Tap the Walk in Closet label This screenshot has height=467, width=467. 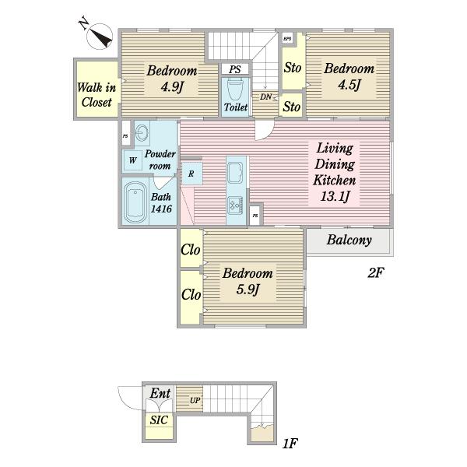pyautogui.click(x=97, y=95)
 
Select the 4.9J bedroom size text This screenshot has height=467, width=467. pyautogui.click(x=172, y=87)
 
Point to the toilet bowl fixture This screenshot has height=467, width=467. pyautogui.click(x=235, y=89)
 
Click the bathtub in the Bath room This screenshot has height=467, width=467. pyautogui.click(x=135, y=202)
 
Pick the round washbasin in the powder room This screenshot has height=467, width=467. pyautogui.click(x=142, y=133)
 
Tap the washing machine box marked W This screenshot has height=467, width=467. pyautogui.click(x=133, y=160)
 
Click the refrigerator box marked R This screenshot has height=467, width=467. pyautogui.click(x=191, y=174)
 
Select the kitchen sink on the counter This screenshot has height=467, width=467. pyautogui.click(x=236, y=173)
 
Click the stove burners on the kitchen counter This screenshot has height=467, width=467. pyautogui.click(x=236, y=205)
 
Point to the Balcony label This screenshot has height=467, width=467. pyautogui.click(x=349, y=240)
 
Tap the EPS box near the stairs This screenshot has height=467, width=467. pyautogui.click(x=287, y=38)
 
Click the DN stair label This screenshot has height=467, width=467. pyautogui.click(x=266, y=97)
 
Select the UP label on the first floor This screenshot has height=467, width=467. pyautogui.click(x=195, y=401)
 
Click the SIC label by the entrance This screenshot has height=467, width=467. pyautogui.click(x=159, y=420)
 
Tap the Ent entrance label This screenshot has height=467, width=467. pyautogui.click(x=160, y=393)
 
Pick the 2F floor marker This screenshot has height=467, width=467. pyautogui.click(x=376, y=272)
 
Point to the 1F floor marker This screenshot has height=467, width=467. pyautogui.click(x=290, y=444)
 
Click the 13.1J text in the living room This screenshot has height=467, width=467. pyautogui.click(x=335, y=196)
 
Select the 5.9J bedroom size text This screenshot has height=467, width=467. pyautogui.click(x=248, y=290)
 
